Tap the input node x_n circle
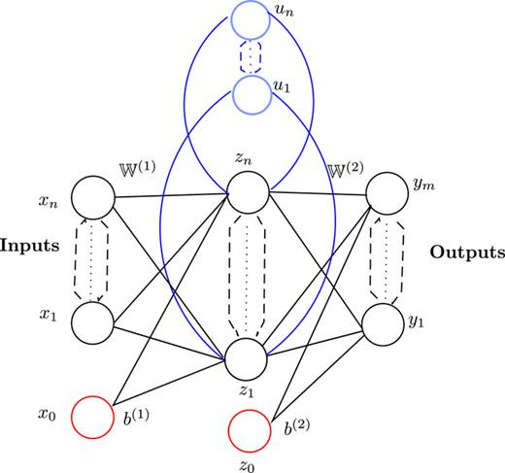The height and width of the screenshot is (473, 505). click(x=94, y=198)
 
